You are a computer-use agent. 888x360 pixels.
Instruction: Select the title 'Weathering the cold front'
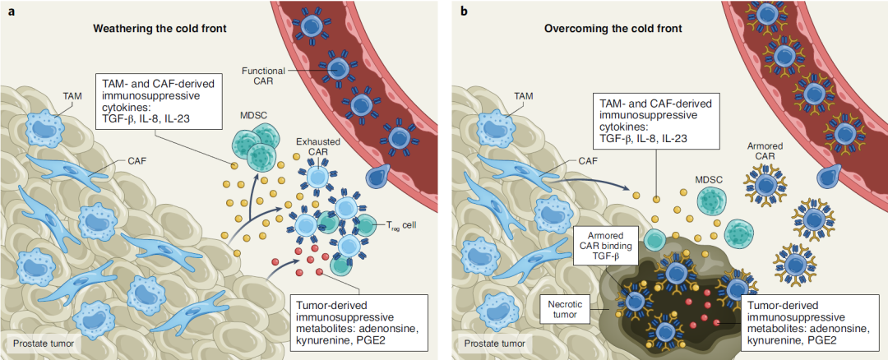[x=160, y=29]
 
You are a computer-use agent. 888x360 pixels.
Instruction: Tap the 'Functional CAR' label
[x=262, y=77]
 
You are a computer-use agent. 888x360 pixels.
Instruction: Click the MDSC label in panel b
[x=708, y=176]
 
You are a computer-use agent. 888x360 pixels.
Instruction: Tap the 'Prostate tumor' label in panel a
[x=36, y=343]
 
